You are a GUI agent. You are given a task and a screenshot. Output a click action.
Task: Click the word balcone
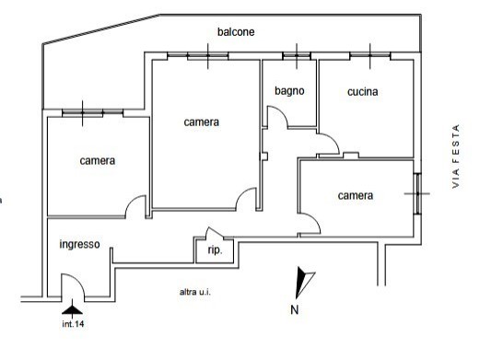[x=236, y=31]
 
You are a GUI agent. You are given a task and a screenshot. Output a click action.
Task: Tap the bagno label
[x=289, y=90]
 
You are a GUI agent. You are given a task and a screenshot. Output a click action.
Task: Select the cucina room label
[x=364, y=91]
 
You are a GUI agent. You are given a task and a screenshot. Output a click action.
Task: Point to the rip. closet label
[x=215, y=250]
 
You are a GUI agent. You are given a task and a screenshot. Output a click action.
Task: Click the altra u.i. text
[x=194, y=291]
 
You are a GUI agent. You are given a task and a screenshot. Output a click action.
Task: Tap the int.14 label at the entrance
[x=74, y=323]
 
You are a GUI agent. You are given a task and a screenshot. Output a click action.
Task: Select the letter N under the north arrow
[x=294, y=309]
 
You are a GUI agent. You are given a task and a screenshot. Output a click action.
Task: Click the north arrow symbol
[x=302, y=279]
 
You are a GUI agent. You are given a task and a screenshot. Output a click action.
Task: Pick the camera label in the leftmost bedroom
[x=97, y=160]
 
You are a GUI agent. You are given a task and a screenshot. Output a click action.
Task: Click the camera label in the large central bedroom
[x=201, y=122]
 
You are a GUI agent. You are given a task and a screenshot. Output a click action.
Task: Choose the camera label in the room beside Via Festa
[x=355, y=195]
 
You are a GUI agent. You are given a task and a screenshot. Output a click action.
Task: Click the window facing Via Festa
[x=418, y=193]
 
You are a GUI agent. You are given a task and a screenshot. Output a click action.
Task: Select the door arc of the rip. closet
[x=212, y=233]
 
